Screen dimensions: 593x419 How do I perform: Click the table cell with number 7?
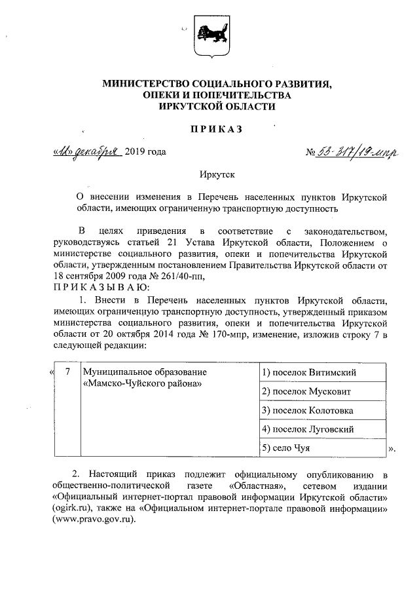tap(68, 372)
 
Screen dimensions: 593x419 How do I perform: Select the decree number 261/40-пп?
tap(179, 276)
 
